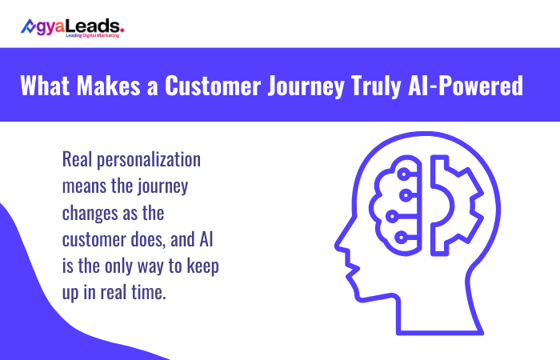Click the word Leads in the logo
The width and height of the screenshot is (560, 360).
(x=98, y=26)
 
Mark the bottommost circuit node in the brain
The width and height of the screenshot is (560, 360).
(x=408, y=238)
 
